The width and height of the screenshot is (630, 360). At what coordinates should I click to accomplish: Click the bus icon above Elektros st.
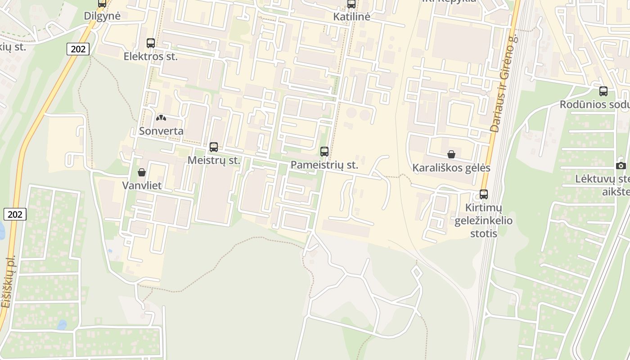(x=151, y=43)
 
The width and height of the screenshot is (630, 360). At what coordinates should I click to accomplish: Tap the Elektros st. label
(x=151, y=57)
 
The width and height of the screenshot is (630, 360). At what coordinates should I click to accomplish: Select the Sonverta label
(x=161, y=131)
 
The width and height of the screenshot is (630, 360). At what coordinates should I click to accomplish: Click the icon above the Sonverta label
(x=161, y=118)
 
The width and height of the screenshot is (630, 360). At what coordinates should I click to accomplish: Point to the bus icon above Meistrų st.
(x=214, y=147)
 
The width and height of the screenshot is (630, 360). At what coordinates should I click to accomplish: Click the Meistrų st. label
(x=214, y=160)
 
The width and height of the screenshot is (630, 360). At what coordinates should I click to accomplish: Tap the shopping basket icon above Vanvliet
(x=142, y=172)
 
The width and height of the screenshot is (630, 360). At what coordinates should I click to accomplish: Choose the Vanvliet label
(x=142, y=185)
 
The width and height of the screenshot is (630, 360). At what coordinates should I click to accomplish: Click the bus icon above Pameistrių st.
(x=324, y=151)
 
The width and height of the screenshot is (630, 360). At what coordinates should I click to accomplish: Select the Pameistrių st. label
(x=324, y=165)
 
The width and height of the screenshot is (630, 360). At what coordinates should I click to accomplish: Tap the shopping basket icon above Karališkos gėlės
(x=451, y=154)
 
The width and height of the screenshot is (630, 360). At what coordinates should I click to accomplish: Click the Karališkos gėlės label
(x=451, y=168)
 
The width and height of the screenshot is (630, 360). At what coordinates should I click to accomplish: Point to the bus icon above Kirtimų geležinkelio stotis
(x=484, y=194)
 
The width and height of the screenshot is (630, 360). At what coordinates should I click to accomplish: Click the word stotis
(x=484, y=234)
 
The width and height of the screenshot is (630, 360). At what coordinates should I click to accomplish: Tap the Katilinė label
(x=351, y=17)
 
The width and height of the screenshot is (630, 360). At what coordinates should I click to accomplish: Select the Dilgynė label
(x=102, y=16)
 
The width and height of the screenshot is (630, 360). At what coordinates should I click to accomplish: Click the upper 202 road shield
(x=78, y=49)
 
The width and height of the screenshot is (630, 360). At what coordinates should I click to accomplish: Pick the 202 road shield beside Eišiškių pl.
(x=15, y=214)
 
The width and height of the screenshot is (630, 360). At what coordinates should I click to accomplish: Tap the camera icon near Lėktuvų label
(x=621, y=166)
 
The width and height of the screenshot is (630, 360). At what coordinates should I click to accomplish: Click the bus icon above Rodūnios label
(x=603, y=91)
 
